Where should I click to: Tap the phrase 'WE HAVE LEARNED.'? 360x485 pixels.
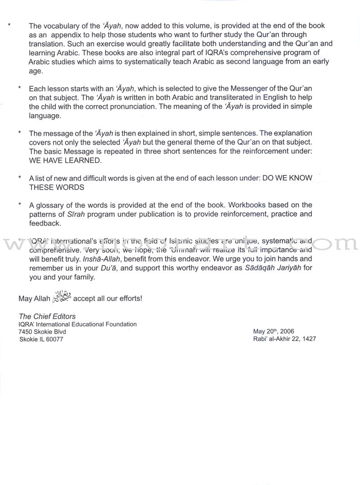pos(59,161)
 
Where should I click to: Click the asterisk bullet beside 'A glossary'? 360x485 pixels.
pos(20,205)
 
